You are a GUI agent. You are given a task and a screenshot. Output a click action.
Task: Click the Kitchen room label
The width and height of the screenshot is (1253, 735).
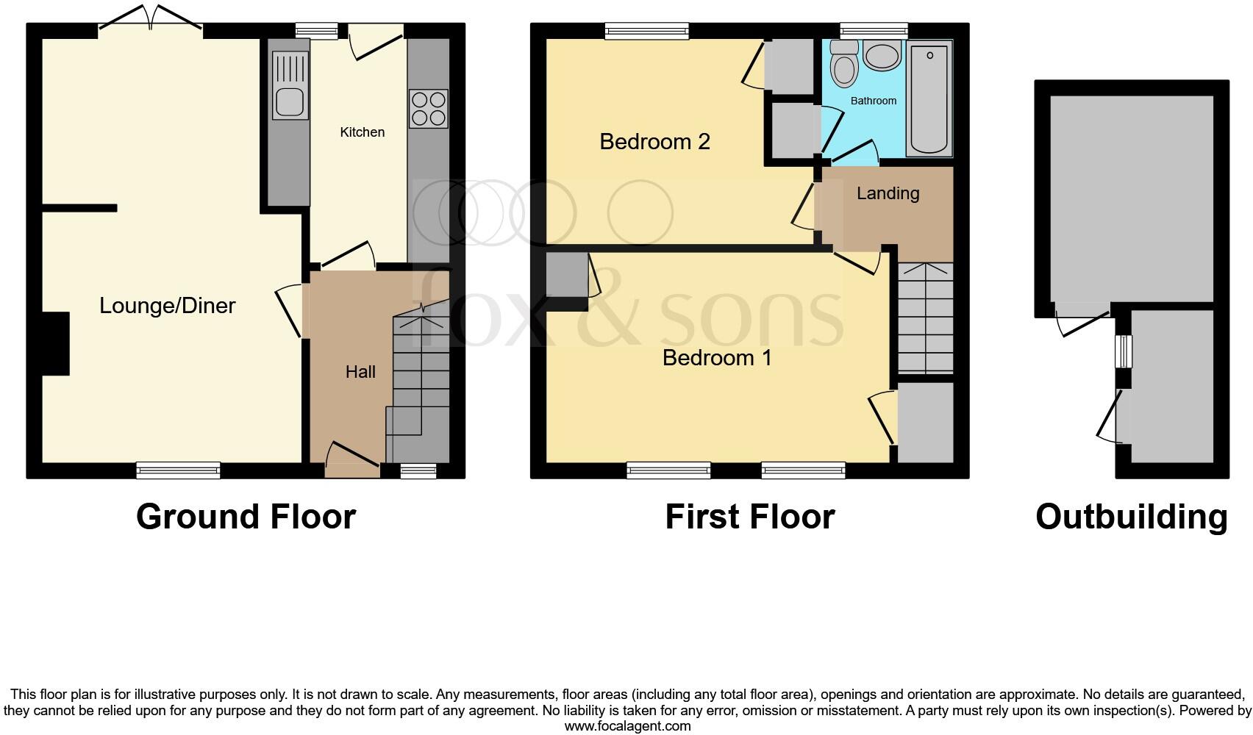[x=362, y=132]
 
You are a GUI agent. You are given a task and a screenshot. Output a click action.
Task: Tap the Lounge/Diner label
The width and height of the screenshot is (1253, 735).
[x=168, y=306]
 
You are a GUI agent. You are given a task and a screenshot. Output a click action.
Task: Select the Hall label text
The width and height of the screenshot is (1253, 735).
[x=360, y=372]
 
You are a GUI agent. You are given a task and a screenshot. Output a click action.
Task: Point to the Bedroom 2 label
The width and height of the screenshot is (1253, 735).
[x=654, y=141]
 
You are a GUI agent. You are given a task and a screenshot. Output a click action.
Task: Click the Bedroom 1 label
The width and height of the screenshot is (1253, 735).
[x=717, y=358]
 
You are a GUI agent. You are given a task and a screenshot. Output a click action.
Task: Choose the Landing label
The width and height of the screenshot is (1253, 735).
[x=888, y=193]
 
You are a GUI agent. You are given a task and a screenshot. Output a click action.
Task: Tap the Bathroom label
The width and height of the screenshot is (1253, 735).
[x=874, y=101]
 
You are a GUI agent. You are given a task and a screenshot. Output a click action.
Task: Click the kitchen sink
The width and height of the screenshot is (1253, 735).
[x=290, y=102]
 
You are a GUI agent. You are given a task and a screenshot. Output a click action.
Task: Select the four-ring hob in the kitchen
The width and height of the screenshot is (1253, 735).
[x=428, y=109]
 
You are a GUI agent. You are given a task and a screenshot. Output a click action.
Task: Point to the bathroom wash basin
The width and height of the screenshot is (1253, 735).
[x=882, y=56]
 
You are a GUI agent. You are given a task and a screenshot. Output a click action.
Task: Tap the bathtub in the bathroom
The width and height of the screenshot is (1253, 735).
[x=929, y=98]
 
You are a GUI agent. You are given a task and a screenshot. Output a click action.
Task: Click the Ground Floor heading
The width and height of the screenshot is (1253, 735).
[x=246, y=517]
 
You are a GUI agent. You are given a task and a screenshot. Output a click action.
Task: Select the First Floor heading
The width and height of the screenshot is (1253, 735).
[x=749, y=517]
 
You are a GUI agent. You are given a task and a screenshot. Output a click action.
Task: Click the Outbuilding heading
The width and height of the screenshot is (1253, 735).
[x=1131, y=517]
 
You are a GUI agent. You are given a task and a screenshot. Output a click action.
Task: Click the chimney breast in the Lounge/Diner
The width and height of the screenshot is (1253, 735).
[x=55, y=344]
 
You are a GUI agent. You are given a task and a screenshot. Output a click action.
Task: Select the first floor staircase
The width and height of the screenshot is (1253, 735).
[x=925, y=318]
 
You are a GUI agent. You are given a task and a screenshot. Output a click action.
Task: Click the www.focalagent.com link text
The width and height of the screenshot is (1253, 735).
[x=627, y=726]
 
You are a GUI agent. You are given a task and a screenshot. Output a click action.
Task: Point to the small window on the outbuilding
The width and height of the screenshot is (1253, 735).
[x=1123, y=351]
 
